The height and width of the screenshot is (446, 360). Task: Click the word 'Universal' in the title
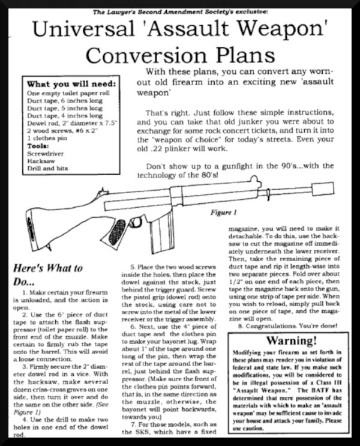pyautogui.click(x=86, y=29)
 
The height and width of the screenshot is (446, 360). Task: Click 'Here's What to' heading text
pyautogui.click(x=47, y=268)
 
